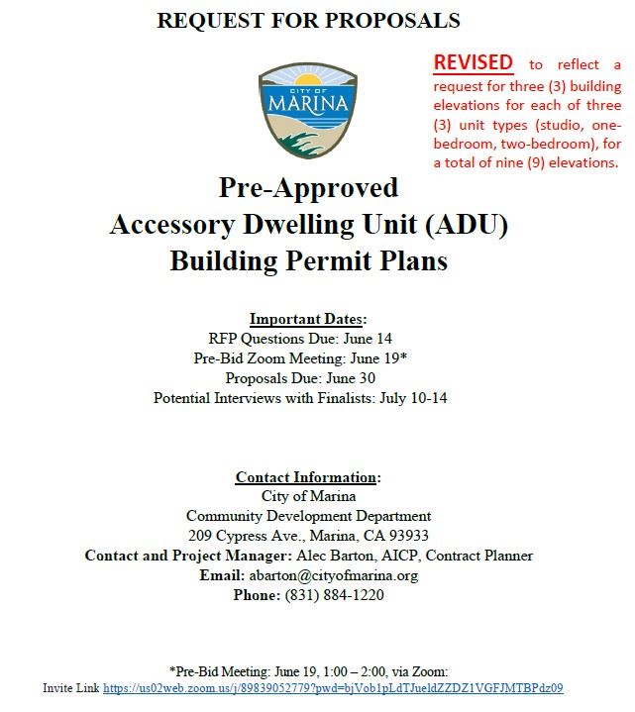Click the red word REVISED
473,62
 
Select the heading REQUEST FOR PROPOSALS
308,20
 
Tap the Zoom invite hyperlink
333,688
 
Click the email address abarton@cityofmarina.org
333,575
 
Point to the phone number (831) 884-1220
334,595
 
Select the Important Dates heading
307,319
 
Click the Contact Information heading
307,477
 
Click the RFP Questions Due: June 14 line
308,339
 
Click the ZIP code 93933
407,536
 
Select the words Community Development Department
308,516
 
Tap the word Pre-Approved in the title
308,188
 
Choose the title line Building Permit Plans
308,261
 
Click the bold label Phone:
257,595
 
